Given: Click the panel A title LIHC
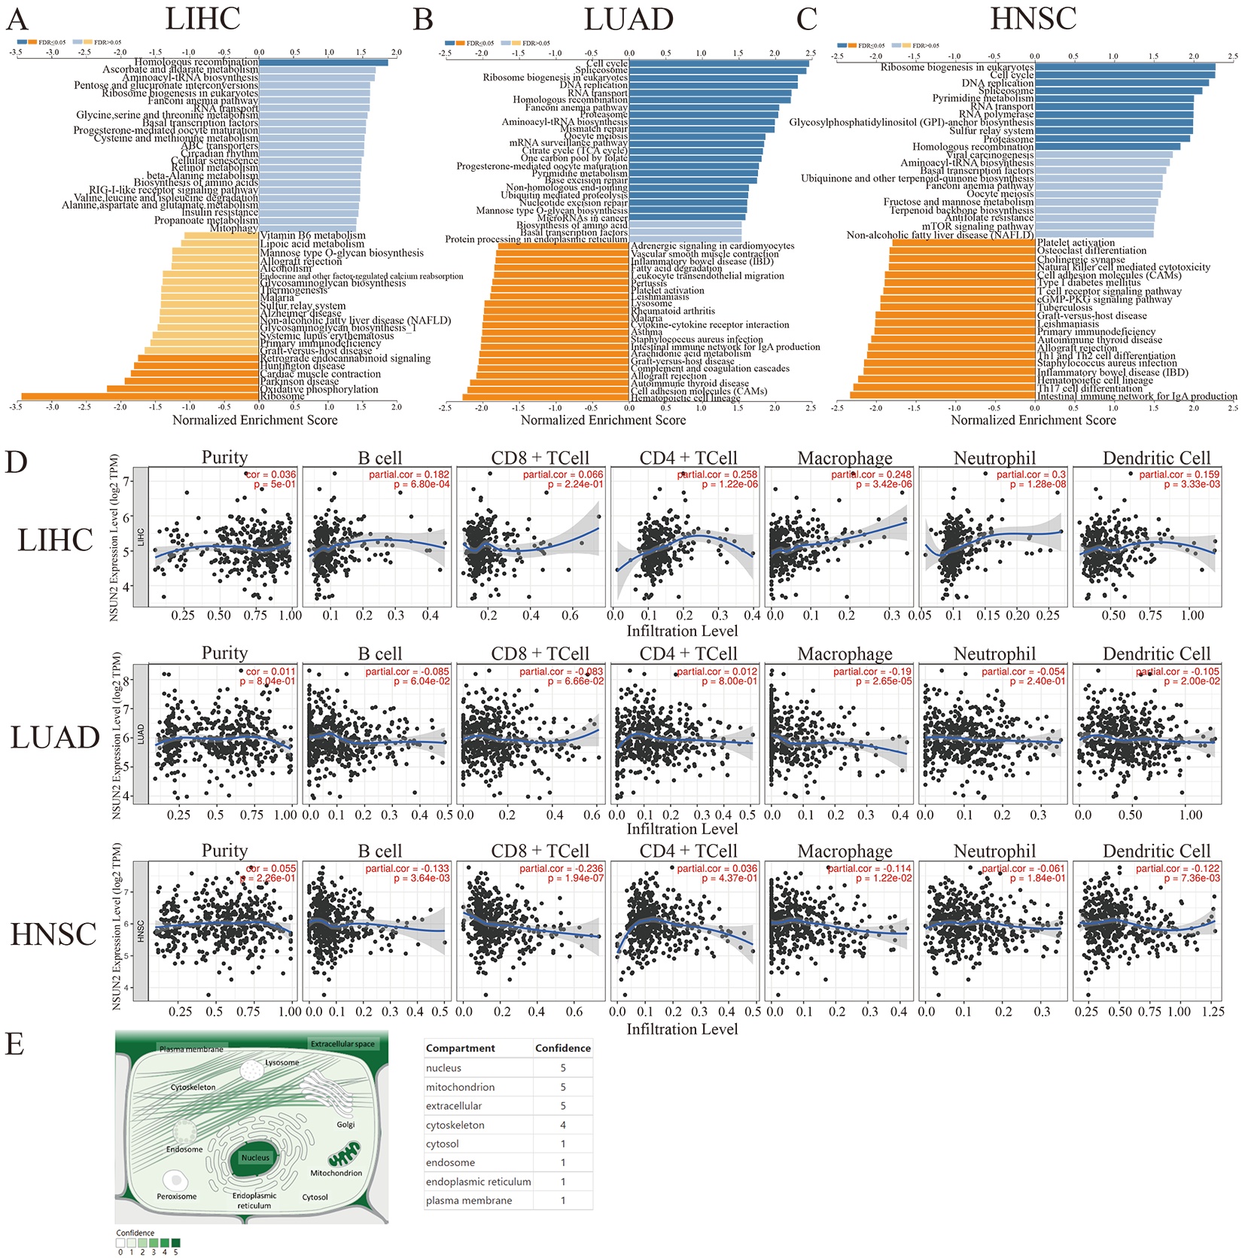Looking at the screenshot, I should (202, 19).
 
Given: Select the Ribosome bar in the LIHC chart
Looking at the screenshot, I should (140, 396).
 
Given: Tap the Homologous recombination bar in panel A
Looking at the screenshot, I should (324, 62).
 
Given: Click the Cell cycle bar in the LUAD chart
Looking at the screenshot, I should (719, 63).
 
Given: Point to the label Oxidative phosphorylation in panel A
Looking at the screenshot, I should (319, 389).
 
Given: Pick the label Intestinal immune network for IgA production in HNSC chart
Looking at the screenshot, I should (1137, 396).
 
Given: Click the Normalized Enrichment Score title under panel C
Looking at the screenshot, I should (1033, 420).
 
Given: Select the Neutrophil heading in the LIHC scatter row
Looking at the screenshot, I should (994, 458).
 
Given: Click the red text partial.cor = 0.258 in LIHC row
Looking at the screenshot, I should (718, 474).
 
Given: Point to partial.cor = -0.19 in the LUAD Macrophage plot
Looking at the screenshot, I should (872, 672).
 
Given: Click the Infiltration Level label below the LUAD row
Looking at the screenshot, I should (682, 829).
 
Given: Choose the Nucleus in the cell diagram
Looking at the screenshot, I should (255, 1157).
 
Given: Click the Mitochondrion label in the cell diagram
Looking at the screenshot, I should (336, 1173).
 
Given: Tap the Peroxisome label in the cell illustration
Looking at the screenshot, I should (177, 1196).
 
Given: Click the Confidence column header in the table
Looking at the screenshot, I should (562, 1048).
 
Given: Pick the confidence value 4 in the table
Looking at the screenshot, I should (562, 1125).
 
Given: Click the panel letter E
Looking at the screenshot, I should (15, 1045).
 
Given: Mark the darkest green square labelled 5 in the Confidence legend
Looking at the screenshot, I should (175, 1243).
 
